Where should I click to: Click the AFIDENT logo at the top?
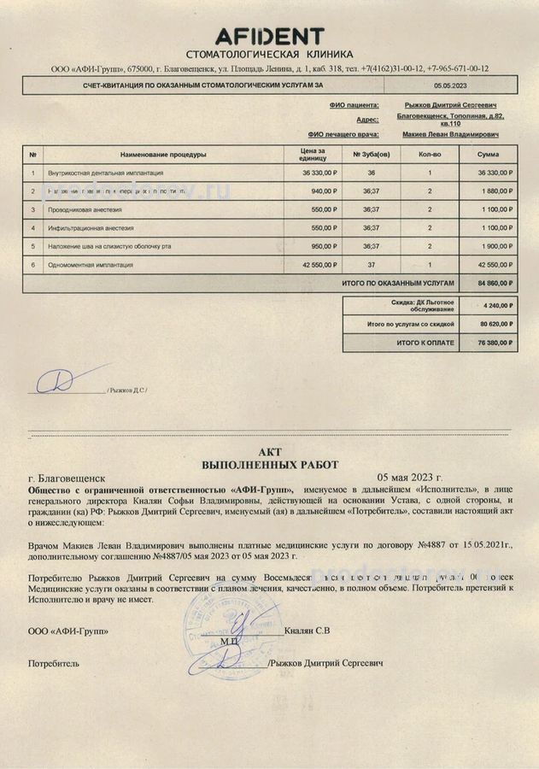269,36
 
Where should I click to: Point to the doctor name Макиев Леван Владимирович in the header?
450,135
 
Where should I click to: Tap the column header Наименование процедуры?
163,155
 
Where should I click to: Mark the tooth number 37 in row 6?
371,265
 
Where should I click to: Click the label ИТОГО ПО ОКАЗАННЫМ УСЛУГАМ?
398,282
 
